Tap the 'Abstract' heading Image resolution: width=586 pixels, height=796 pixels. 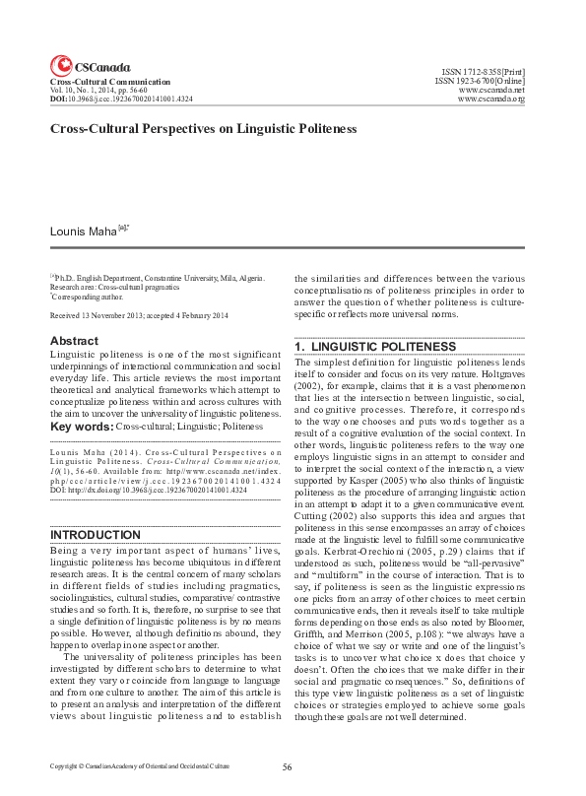[x=74, y=341]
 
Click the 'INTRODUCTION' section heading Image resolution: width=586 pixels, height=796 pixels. [x=95, y=535]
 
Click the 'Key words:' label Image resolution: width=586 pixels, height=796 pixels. [x=82, y=427]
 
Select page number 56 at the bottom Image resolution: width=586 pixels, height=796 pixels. [x=288, y=766]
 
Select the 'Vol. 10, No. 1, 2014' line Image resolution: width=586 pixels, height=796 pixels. [x=105, y=91]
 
